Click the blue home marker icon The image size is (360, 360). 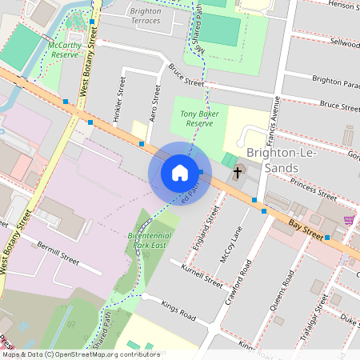pos(180,173)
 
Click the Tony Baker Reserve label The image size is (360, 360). pos(199,118)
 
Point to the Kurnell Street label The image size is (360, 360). pos(202,276)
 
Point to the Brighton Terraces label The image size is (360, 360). pos(144,16)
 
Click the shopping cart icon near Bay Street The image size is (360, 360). pos(348,218)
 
